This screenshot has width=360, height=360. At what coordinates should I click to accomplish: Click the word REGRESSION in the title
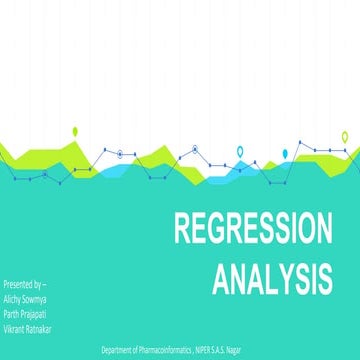pyautogui.click(x=253, y=230)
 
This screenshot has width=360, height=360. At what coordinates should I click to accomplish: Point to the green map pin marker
pyautogui.click(x=74, y=132)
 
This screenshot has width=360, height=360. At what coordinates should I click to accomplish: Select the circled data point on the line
pyautogui.click(x=119, y=152)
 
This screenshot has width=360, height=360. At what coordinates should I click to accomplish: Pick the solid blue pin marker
pyautogui.click(x=285, y=152)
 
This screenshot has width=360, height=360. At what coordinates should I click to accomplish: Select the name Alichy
pyautogui.click(x=16, y=298)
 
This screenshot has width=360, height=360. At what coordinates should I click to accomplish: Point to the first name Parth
pyautogui.click(x=14, y=311)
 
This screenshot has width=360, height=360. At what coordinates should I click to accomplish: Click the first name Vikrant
pyautogui.click(x=17, y=324)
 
